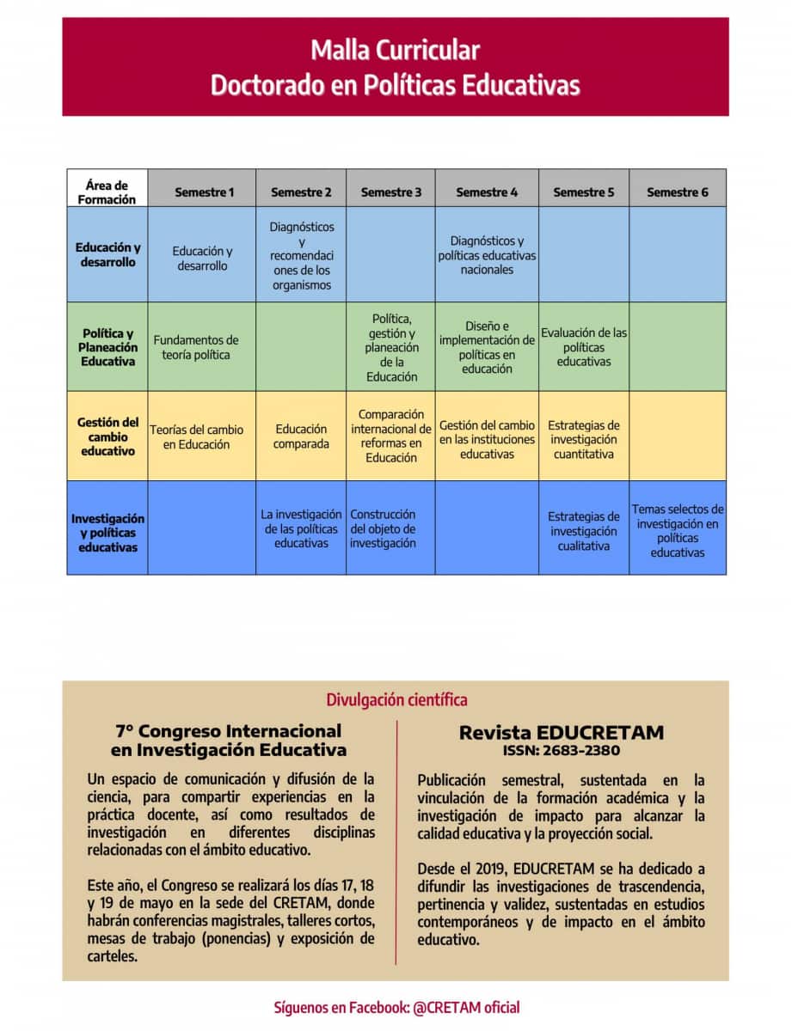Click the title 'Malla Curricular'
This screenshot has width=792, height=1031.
click(x=395, y=50)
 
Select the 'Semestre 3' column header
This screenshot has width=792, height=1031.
click(x=391, y=192)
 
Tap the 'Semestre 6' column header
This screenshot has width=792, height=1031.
click(x=678, y=192)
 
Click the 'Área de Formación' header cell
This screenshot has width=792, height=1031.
click(x=107, y=192)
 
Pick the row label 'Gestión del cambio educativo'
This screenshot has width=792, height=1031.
click(x=107, y=436)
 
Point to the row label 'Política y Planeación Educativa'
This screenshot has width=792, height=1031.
click(x=107, y=347)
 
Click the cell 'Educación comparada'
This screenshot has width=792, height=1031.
click(x=301, y=436)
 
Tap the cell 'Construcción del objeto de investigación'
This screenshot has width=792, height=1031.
click(x=383, y=528)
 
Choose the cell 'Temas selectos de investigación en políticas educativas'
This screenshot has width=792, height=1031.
click(x=678, y=531)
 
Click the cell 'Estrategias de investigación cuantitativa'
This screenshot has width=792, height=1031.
click(x=584, y=439)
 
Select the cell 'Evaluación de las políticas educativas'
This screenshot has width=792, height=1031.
click(x=584, y=347)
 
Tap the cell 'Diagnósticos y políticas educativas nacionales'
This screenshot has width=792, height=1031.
click(x=487, y=255)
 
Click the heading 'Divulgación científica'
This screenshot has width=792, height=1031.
click(x=396, y=699)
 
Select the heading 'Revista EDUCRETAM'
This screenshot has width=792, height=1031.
click(x=562, y=733)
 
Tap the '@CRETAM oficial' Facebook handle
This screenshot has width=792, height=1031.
click(x=466, y=1007)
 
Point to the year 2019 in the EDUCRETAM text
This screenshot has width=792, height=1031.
click(x=501, y=869)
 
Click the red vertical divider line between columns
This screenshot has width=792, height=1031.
click(x=396, y=842)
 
